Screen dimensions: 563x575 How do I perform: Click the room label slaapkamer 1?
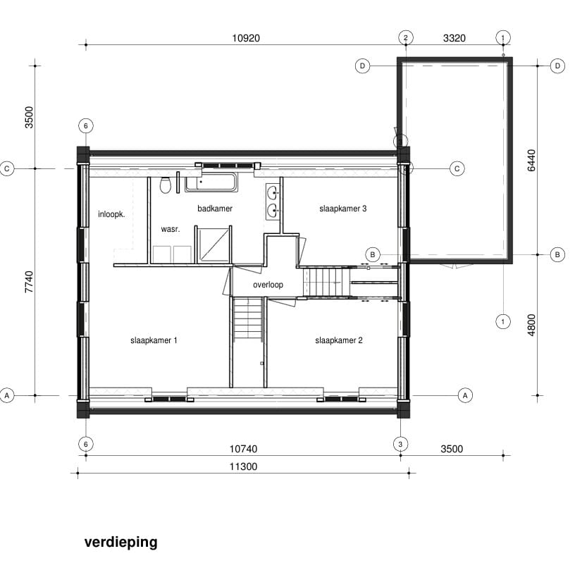tap(153, 340)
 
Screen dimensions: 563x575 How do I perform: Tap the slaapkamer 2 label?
tap(338, 340)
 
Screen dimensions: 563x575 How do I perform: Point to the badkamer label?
tap(215, 209)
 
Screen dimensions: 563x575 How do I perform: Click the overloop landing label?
tap(268, 285)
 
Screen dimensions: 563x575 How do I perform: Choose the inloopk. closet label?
tap(111, 214)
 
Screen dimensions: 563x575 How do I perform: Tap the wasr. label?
tap(171, 230)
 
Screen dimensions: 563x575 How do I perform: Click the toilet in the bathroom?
tap(165, 185)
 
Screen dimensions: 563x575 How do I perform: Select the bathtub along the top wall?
tap(211, 183)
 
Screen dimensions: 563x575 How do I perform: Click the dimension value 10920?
tap(245, 38)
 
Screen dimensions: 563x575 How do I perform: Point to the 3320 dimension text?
tap(453, 38)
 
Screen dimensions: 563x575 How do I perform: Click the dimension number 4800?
tap(532, 325)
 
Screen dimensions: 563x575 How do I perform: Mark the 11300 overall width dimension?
tap(243, 466)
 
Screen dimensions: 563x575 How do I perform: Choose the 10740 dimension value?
tap(243, 449)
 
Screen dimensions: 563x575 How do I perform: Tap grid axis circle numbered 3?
tap(400, 443)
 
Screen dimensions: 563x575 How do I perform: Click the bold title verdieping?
tap(120, 542)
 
